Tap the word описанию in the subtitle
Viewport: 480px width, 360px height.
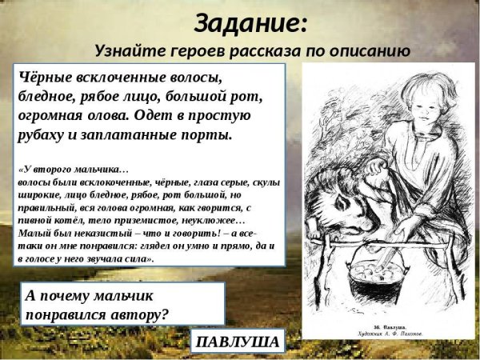368,51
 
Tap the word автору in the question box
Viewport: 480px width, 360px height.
140,313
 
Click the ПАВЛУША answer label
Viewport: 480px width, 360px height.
237,343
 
